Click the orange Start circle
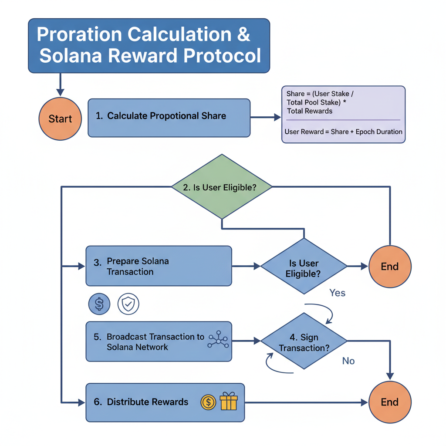tap(60, 119)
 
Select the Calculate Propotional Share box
tap(169, 118)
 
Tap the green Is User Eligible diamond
tap(222, 187)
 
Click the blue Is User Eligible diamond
tap(304, 266)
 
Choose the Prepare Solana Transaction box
tap(159, 266)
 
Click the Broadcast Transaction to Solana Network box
tap(159, 341)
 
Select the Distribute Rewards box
tap(165, 402)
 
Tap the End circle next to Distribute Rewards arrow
tap(390, 402)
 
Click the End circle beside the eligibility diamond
tap(390, 267)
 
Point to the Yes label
tap(338, 293)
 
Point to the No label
tap(348, 361)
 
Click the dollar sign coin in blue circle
tap(99, 304)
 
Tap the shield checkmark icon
tap(128, 304)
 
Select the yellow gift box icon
tap(229, 402)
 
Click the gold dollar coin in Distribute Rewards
tap(209, 402)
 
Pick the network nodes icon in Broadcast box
tap(217, 340)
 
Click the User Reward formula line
tap(343, 132)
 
